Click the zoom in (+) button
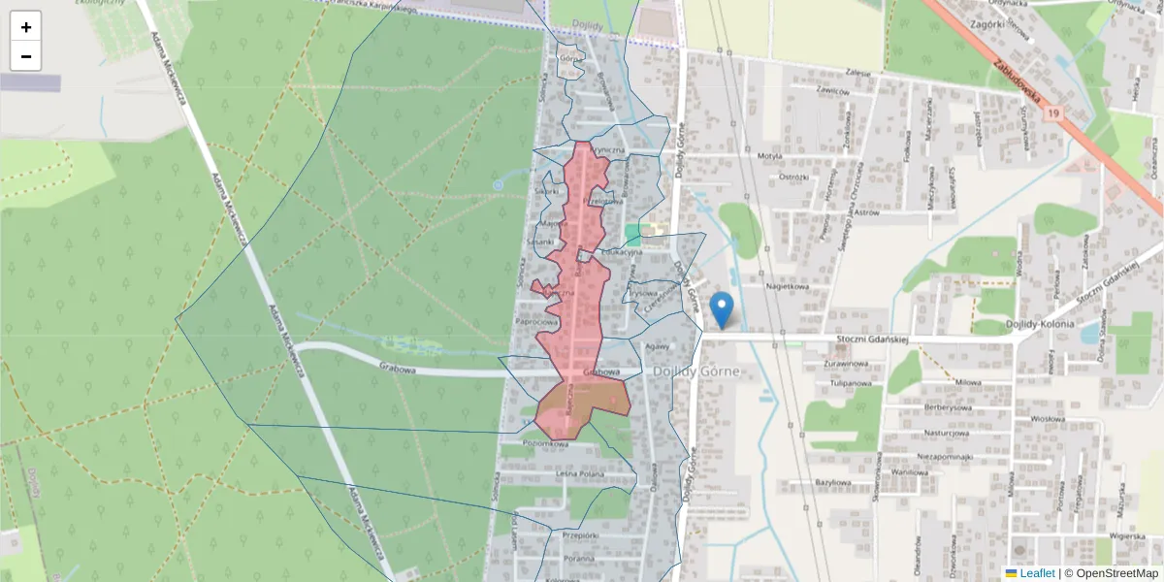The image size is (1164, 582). coord(26,26)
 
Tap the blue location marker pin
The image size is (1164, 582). coord(722,309)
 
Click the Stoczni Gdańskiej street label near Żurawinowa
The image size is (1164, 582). coord(871,339)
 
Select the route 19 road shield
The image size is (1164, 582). coord(1053,113)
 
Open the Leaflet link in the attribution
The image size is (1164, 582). coord(1037,573)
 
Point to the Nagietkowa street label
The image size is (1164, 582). coord(787,287)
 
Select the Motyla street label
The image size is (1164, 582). coord(769,155)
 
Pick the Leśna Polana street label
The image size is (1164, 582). coord(580,474)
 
